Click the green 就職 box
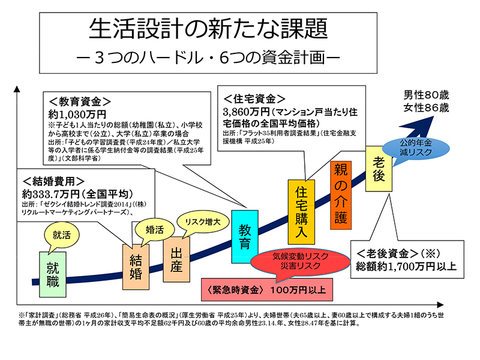point(53,272)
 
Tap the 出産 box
point(176,260)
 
